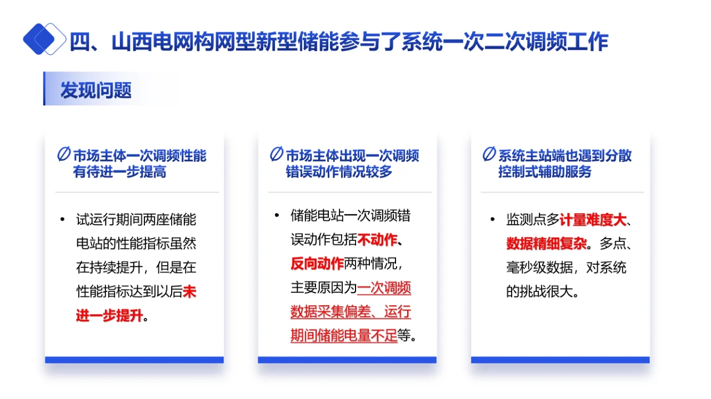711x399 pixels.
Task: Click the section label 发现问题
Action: (96, 90)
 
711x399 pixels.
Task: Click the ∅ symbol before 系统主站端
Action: (489, 155)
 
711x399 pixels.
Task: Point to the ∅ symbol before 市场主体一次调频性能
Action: (64, 155)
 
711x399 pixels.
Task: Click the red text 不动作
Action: (377, 240)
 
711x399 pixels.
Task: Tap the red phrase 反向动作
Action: (317, 264)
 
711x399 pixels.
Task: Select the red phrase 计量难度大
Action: (593, 220)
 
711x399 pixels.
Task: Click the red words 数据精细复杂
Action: (546, 244)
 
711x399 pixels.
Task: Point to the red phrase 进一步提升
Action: (109, 316)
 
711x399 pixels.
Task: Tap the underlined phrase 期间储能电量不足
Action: (344, 336)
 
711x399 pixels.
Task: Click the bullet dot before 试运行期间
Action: (62, 220)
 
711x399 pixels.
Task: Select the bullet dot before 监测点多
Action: (493, 220)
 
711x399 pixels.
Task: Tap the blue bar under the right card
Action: (560, 360)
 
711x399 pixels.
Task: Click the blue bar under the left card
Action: (134, 360)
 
